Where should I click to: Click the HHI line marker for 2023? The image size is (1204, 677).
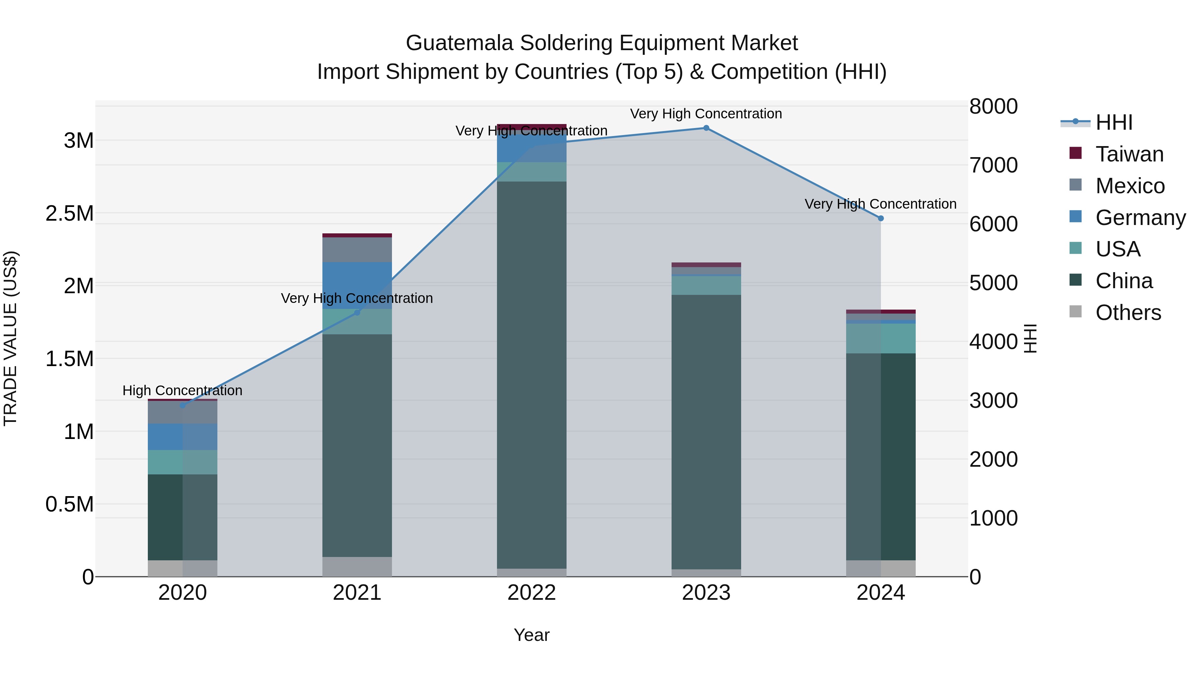[706, 128]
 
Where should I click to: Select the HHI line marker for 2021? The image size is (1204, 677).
[357, 313]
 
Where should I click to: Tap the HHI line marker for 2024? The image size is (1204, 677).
[881, 218]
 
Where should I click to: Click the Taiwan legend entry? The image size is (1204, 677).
[1129, 154]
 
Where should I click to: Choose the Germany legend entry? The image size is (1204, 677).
[1140, 218]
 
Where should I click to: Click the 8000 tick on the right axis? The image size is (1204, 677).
[993, 107]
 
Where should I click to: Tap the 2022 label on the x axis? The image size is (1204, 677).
[531, 593]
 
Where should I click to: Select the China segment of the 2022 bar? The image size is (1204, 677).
[531, 374]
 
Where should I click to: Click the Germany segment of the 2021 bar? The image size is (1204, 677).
[357, 285]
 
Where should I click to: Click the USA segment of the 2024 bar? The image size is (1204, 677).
[881, 338]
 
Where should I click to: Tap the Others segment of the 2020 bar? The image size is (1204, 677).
[182, 568]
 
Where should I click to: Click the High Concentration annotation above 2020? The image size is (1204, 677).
[182, 390]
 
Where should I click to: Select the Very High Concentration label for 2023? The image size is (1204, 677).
[706, 114]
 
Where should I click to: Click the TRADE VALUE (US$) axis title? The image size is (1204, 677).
[10, 338]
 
